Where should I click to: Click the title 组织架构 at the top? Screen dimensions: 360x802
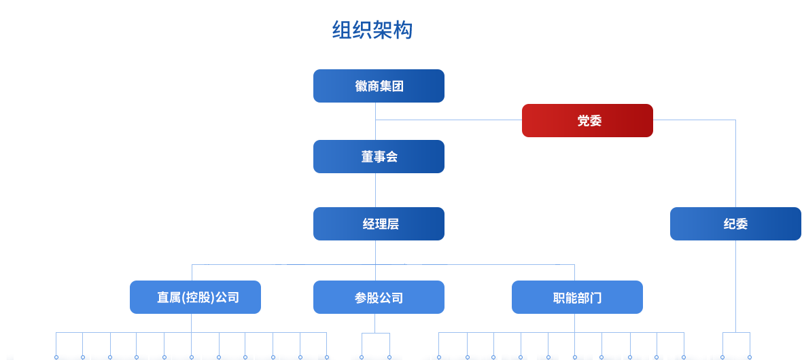pyautogui.click(x=372, y=30)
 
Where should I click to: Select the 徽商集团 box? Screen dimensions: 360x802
pyautogui.click(x=379, y=86)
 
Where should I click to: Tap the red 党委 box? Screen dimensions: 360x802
pyautogui.click(x=587, y=121)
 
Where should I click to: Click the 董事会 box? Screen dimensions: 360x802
pyautogui.click(x=379, y=157)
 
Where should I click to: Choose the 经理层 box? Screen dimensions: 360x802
pyautogui.click(x=379, y=224)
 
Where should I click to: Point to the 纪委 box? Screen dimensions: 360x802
pyautogui.click(x=735, y=224)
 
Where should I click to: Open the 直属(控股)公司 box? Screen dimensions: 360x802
pyautogui.click(x=195, y=298)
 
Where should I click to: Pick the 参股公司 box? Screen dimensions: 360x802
pyautogui.click(x=379, y=298)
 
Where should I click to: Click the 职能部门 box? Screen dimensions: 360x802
pyautogui.click(x=577, y=298)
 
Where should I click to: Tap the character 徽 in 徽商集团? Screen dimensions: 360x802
pyautogui.click(x=361, y=86)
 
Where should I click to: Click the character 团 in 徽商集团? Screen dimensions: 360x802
pyautogui.click(x=398, y=86)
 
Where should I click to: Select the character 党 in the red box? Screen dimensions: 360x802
pyautogui.click(x=583, y=121)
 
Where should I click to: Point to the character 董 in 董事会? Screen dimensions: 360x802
pyautogui.click(x=367, y=157)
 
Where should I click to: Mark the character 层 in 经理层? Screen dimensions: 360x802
pyautogui.click(x=392, y=224)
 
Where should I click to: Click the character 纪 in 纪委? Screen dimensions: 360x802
pyautogui.click(x=729, y=224)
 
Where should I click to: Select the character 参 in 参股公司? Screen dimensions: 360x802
pyautogui.click(x=360, y=298)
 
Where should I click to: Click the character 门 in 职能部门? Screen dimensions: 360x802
pyautogui.click(x=595, y=298)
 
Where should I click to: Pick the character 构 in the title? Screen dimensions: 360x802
pyautogui.click(x=402, y=30)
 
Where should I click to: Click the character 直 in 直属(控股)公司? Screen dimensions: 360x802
pyautogui.click(x=162, y=298)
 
